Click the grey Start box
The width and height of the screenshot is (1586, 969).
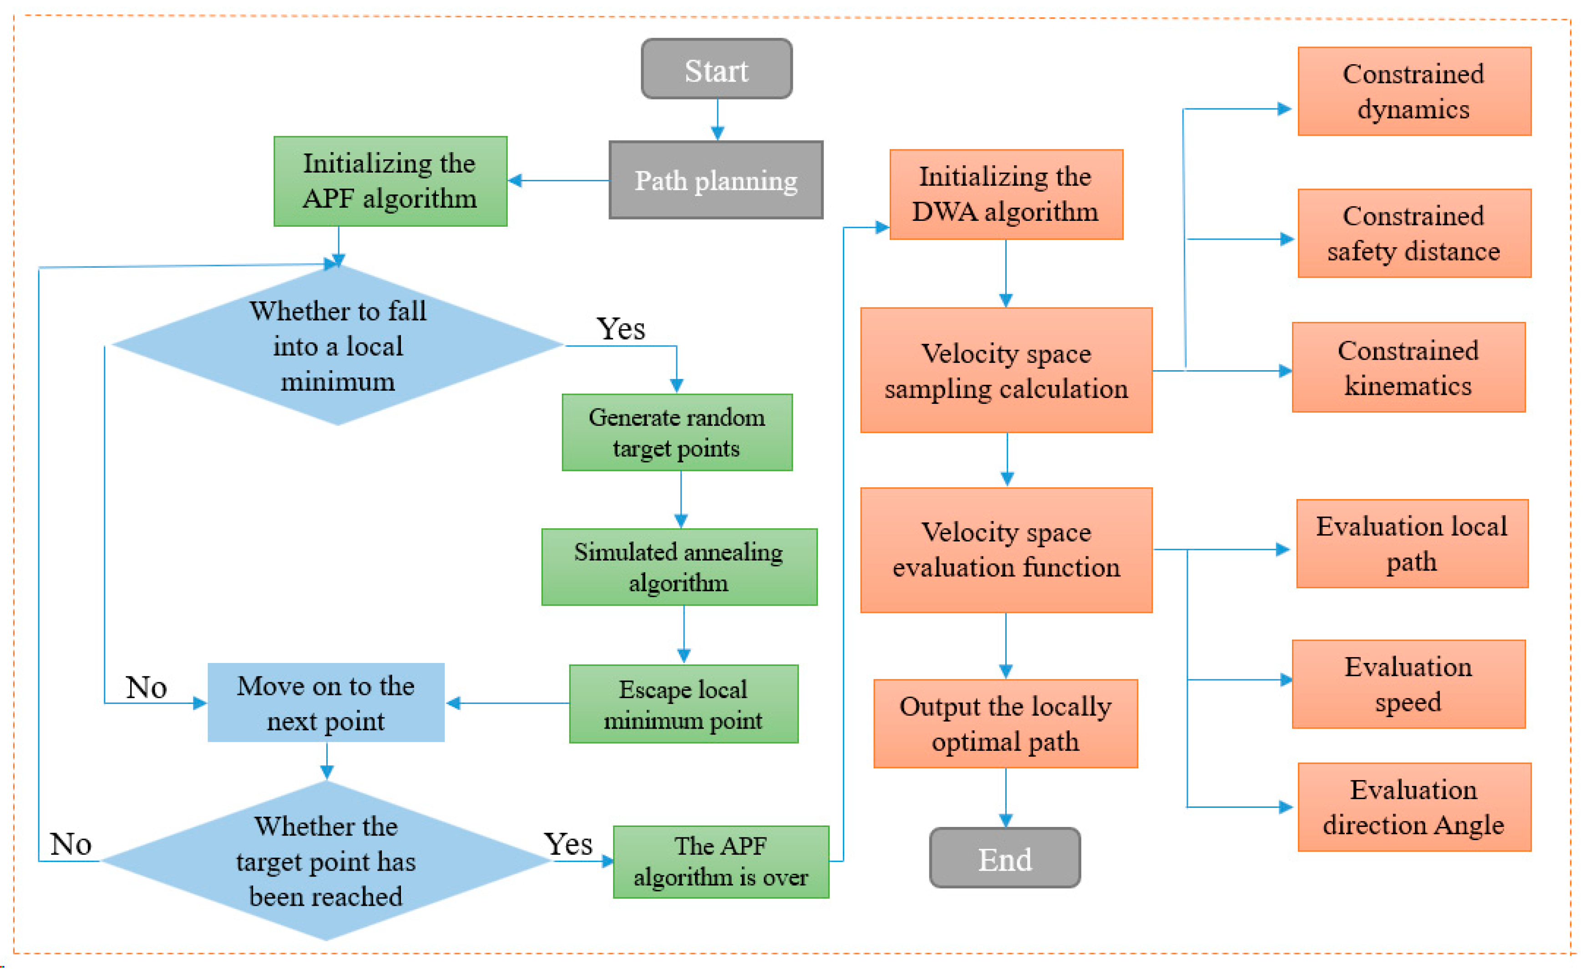[x=716, y=69]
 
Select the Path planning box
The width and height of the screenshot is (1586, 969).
[x=716, y=180]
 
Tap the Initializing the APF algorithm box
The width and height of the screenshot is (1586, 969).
[x=390, y=181]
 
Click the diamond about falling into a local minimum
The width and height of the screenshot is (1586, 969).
[x=338, y=346]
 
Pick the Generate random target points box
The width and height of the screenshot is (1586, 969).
[x=676, y=432]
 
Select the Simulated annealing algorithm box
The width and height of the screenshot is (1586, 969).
[x=679, y=566]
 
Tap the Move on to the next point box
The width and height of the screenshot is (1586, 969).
[x=326, y=703]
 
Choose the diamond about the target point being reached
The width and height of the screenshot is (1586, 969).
[x=326, y=860]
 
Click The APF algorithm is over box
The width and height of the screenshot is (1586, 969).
[x=720, y=862]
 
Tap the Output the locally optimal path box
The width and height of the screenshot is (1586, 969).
[x=1005, y=724]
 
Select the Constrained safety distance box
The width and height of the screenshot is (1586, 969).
[x=1414, y=233]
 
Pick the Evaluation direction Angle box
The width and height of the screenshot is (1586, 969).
[x=1414, y=807]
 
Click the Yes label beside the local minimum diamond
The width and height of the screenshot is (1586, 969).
[x=620, y=329]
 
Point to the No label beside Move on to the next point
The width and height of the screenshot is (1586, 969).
[x=146, y=687]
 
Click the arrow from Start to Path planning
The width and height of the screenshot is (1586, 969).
[x=718, y=120]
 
